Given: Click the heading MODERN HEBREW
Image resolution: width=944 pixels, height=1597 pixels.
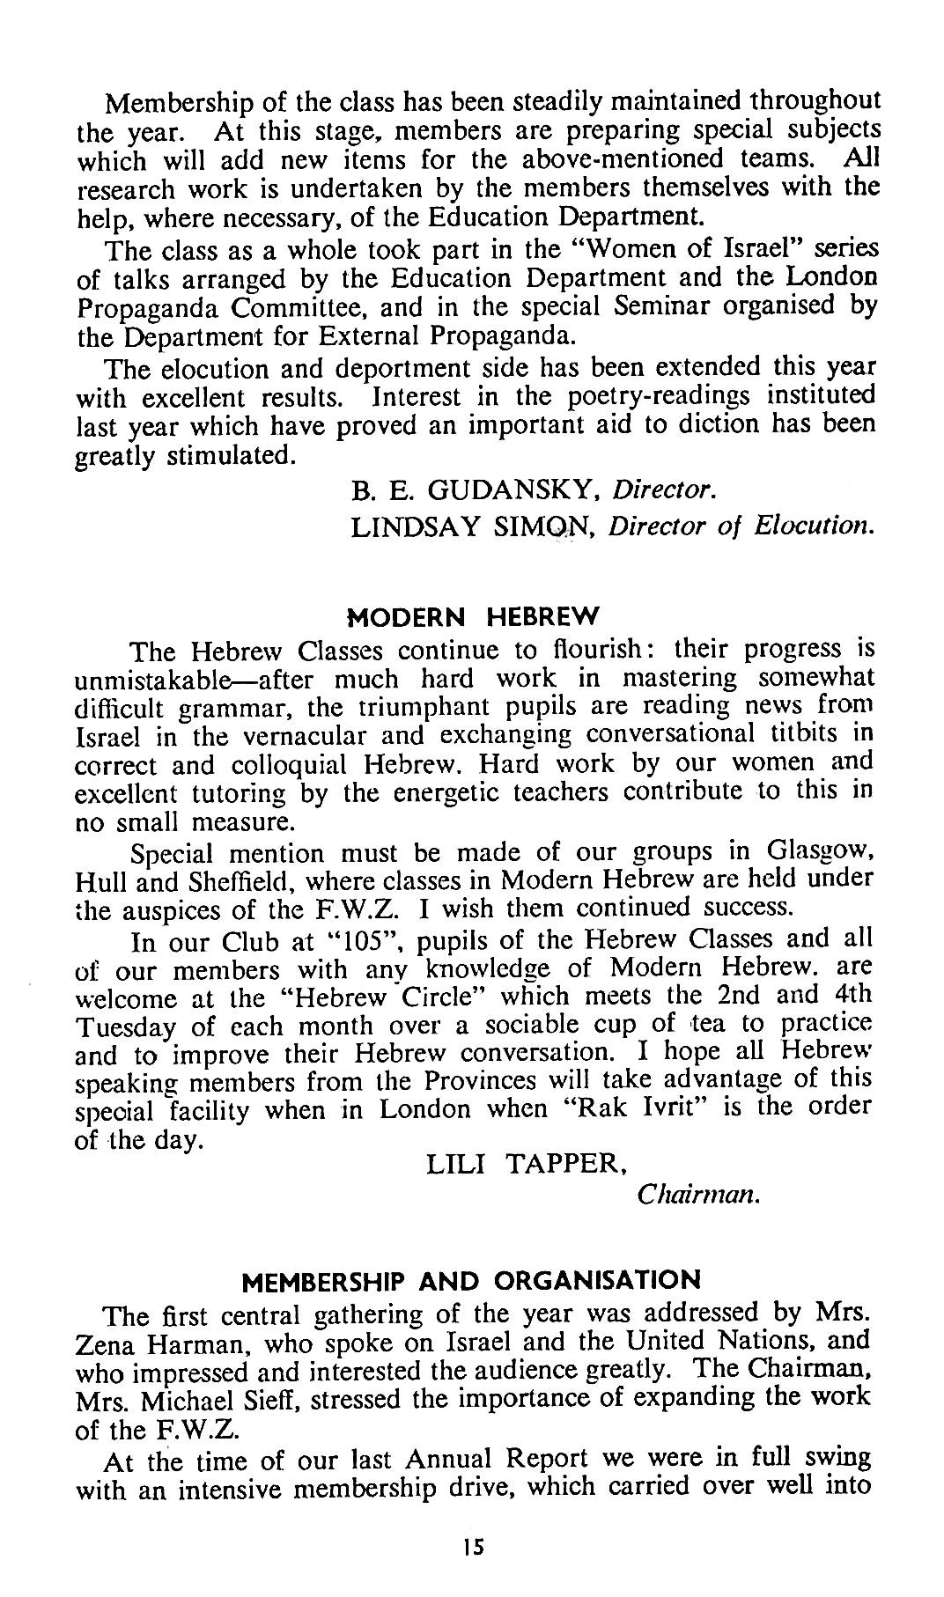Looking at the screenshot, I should click(474, 615).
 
